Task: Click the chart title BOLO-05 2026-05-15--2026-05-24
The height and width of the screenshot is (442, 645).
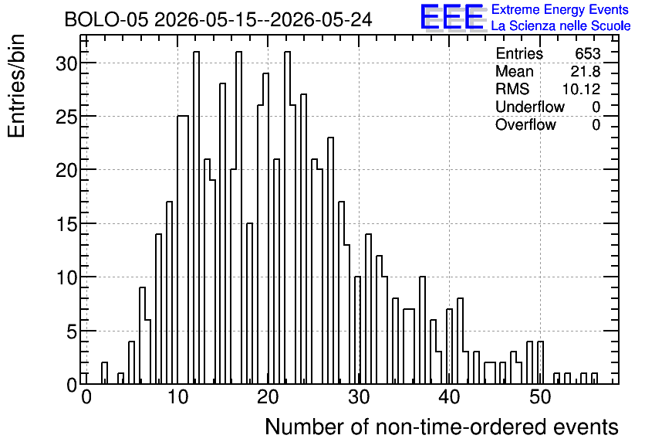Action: pyautogui.click(x=218, y=19)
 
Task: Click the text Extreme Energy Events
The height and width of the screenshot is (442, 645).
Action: pyautogui.click(x=560, y=9)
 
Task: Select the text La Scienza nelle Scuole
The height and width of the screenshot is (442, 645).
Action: pyautogui.click(x=561, y=26)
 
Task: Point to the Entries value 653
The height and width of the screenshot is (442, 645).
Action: pyautogui.click(x=588, y=53)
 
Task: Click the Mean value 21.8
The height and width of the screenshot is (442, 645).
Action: pyautogui.click(x=586, y=71)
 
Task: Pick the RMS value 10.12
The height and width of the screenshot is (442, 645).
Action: pyautogui.click(x=581, y=89)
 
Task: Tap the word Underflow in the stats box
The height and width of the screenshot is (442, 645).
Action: pyautogui.click(x=530, y=107)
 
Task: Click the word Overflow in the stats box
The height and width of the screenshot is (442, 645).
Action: pyautogui.click(x=525, y=124)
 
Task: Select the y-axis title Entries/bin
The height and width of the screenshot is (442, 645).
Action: pyautogui.click(x=17, y=86)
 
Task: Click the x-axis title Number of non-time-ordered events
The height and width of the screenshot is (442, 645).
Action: pyautogui.click(x=441, y=427)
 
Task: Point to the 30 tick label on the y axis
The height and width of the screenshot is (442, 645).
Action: pyautogui.click(x=66, y=63)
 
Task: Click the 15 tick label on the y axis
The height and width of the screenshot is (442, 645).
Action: pyautogui.click(x=66, y=224)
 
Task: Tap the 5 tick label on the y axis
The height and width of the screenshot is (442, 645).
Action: pyautogui.click(x=72, y=331)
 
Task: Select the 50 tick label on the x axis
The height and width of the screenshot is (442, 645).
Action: pyautogui.click(x=540, y=397)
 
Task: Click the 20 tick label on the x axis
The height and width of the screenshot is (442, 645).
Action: pyautogui.click(x=268, y=397)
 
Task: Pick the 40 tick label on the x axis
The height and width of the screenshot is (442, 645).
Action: pyautogui.click(x=449, y=397)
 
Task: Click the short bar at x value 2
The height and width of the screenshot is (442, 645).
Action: pyautogui.click(x=104, y=373)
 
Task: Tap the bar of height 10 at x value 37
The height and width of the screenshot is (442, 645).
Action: pyautogui.click(x=422, y=331)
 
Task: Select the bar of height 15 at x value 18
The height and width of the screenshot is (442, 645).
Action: pyautogui.click(x=250, y=304)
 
